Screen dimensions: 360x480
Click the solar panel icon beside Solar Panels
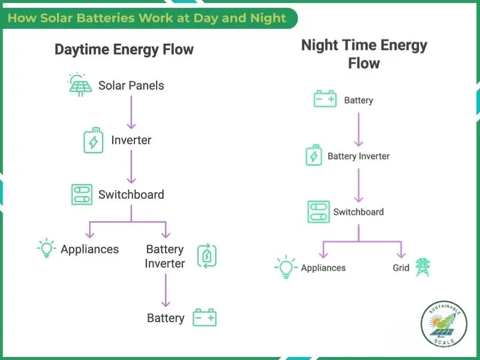coord(80,85)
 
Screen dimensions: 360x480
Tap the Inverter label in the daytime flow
coord(131,140)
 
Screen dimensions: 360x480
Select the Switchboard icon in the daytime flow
coord(82,194)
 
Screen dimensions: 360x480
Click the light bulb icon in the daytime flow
coord(46,249)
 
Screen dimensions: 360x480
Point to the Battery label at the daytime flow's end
coord(165,318)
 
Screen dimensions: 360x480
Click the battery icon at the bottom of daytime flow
coord(205,317)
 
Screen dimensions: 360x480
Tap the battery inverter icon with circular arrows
coord(206,256)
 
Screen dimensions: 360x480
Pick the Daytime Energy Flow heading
coord(124,49)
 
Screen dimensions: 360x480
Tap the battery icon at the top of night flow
coord(325,100)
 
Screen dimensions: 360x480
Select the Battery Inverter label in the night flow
coord(358,156)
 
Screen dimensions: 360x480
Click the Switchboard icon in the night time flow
coord(318,212)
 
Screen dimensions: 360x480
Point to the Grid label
coord(401,268)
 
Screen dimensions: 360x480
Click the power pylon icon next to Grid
coord(423,267)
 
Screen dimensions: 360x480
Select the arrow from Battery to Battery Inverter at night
coord(358,127)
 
